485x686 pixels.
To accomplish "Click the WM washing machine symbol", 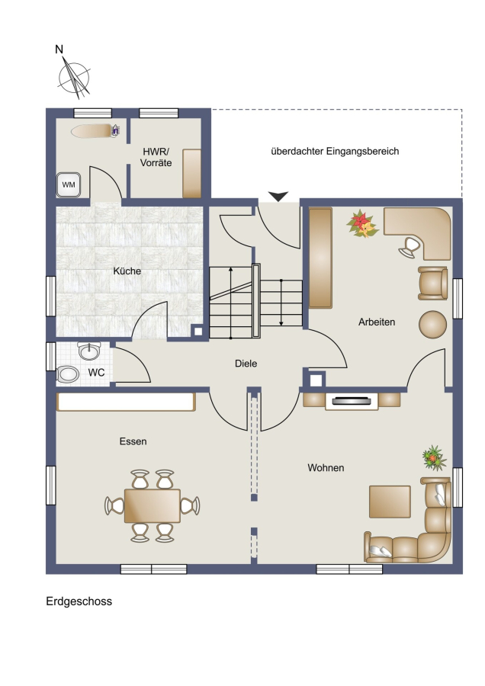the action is coord(69,184).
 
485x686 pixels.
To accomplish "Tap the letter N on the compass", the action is coord(59,50).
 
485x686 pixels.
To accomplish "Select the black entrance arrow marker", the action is coord(278,197).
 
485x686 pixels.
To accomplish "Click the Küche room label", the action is coord(127,271).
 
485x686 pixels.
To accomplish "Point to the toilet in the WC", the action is coord(68,374).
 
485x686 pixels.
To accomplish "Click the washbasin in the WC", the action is coord(89,351).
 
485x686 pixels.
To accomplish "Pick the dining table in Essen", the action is coord(153,506).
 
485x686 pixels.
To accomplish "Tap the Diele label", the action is coord(246,363).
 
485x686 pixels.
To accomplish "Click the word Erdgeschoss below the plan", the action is coord(79,601).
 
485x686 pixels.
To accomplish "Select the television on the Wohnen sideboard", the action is coord(352,400).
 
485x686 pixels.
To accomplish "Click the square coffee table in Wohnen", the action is coord(390,502).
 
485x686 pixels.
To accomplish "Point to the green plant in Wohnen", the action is coord(434,458).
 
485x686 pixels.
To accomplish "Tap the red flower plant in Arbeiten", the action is coord(362,224).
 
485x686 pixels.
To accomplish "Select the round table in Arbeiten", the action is coord(432,324).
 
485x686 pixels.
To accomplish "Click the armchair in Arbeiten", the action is coord(433,283).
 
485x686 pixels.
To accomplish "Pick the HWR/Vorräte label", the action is coord(156,157).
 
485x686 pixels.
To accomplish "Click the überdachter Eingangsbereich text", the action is coord(335,152).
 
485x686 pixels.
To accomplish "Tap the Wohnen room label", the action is coord(326,468).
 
